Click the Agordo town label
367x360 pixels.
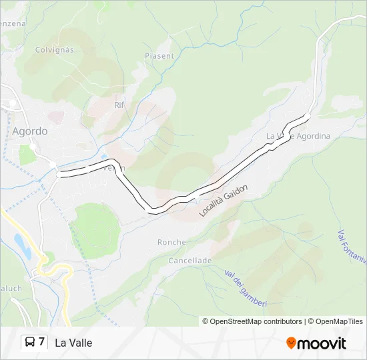point(30,131)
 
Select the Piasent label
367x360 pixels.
point(159,57)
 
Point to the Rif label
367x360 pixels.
point(119,105)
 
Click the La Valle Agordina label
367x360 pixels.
point(298,136)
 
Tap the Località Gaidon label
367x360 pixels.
point(224,201)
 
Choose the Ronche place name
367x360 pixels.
point(171,242)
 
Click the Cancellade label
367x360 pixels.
point(190,260)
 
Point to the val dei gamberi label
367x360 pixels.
point(246,288)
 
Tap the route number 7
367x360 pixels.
point(41,342)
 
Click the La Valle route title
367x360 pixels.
point(73,343)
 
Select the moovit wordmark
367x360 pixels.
point(322,343)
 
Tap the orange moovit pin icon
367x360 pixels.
point(291,343)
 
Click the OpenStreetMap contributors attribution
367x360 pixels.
point(252,321)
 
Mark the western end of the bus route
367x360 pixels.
point(59,175)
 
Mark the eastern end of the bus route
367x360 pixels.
point(308,116)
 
